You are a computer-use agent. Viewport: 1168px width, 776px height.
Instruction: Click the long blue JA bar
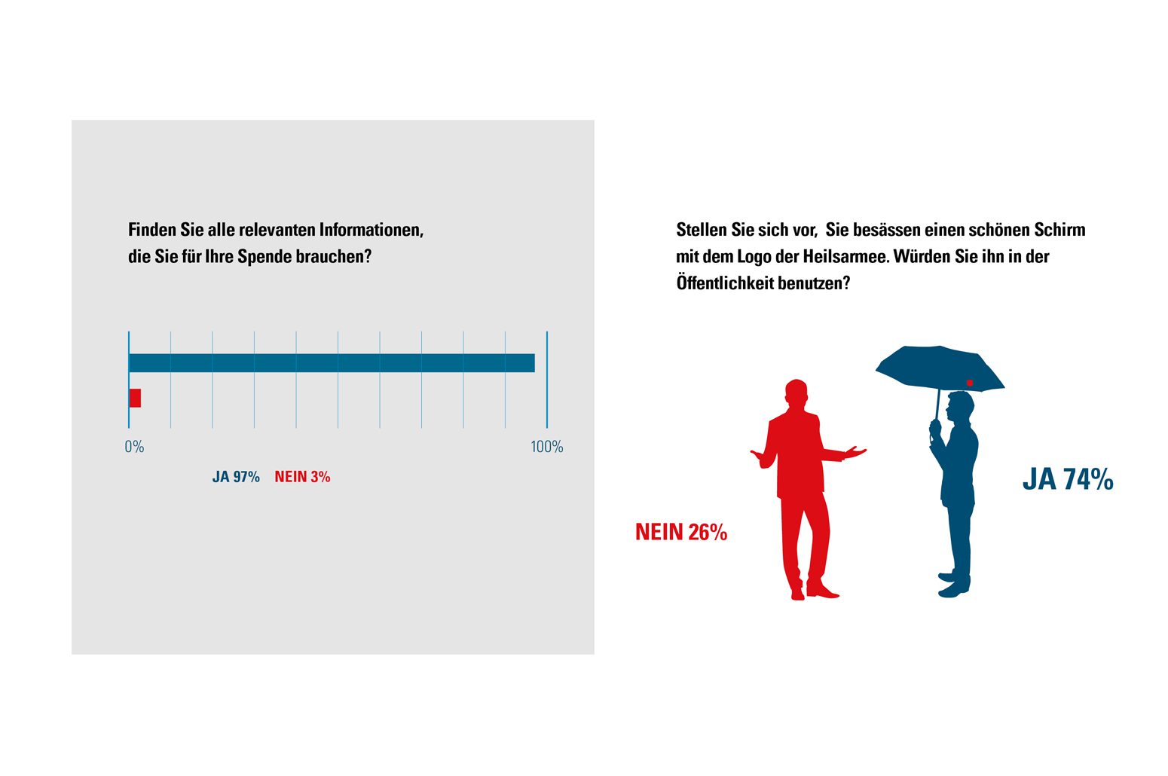[332, 363]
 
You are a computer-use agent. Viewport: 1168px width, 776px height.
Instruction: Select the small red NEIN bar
[135, 398]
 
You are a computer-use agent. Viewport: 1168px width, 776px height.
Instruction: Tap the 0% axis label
[134, 447]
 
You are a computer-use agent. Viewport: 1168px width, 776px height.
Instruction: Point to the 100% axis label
[546, 447]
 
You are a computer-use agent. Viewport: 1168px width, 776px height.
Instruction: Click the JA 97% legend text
[236, 477]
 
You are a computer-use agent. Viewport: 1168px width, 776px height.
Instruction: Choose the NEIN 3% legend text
[302, 477]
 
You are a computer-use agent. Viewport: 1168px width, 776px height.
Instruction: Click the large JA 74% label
[1067, 479]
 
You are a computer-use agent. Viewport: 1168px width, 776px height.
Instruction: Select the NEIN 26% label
[680, 532]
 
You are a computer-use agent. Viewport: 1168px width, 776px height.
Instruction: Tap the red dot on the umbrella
[970, 383]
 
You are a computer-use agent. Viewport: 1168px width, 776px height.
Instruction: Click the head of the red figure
[796, 393]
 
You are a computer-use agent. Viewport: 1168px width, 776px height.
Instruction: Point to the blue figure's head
[960, 408]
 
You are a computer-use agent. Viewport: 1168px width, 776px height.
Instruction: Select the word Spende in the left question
[264, 256]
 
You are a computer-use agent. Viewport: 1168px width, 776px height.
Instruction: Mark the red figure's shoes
[814, 591]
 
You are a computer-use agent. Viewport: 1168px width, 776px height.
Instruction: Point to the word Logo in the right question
[754, 257]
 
